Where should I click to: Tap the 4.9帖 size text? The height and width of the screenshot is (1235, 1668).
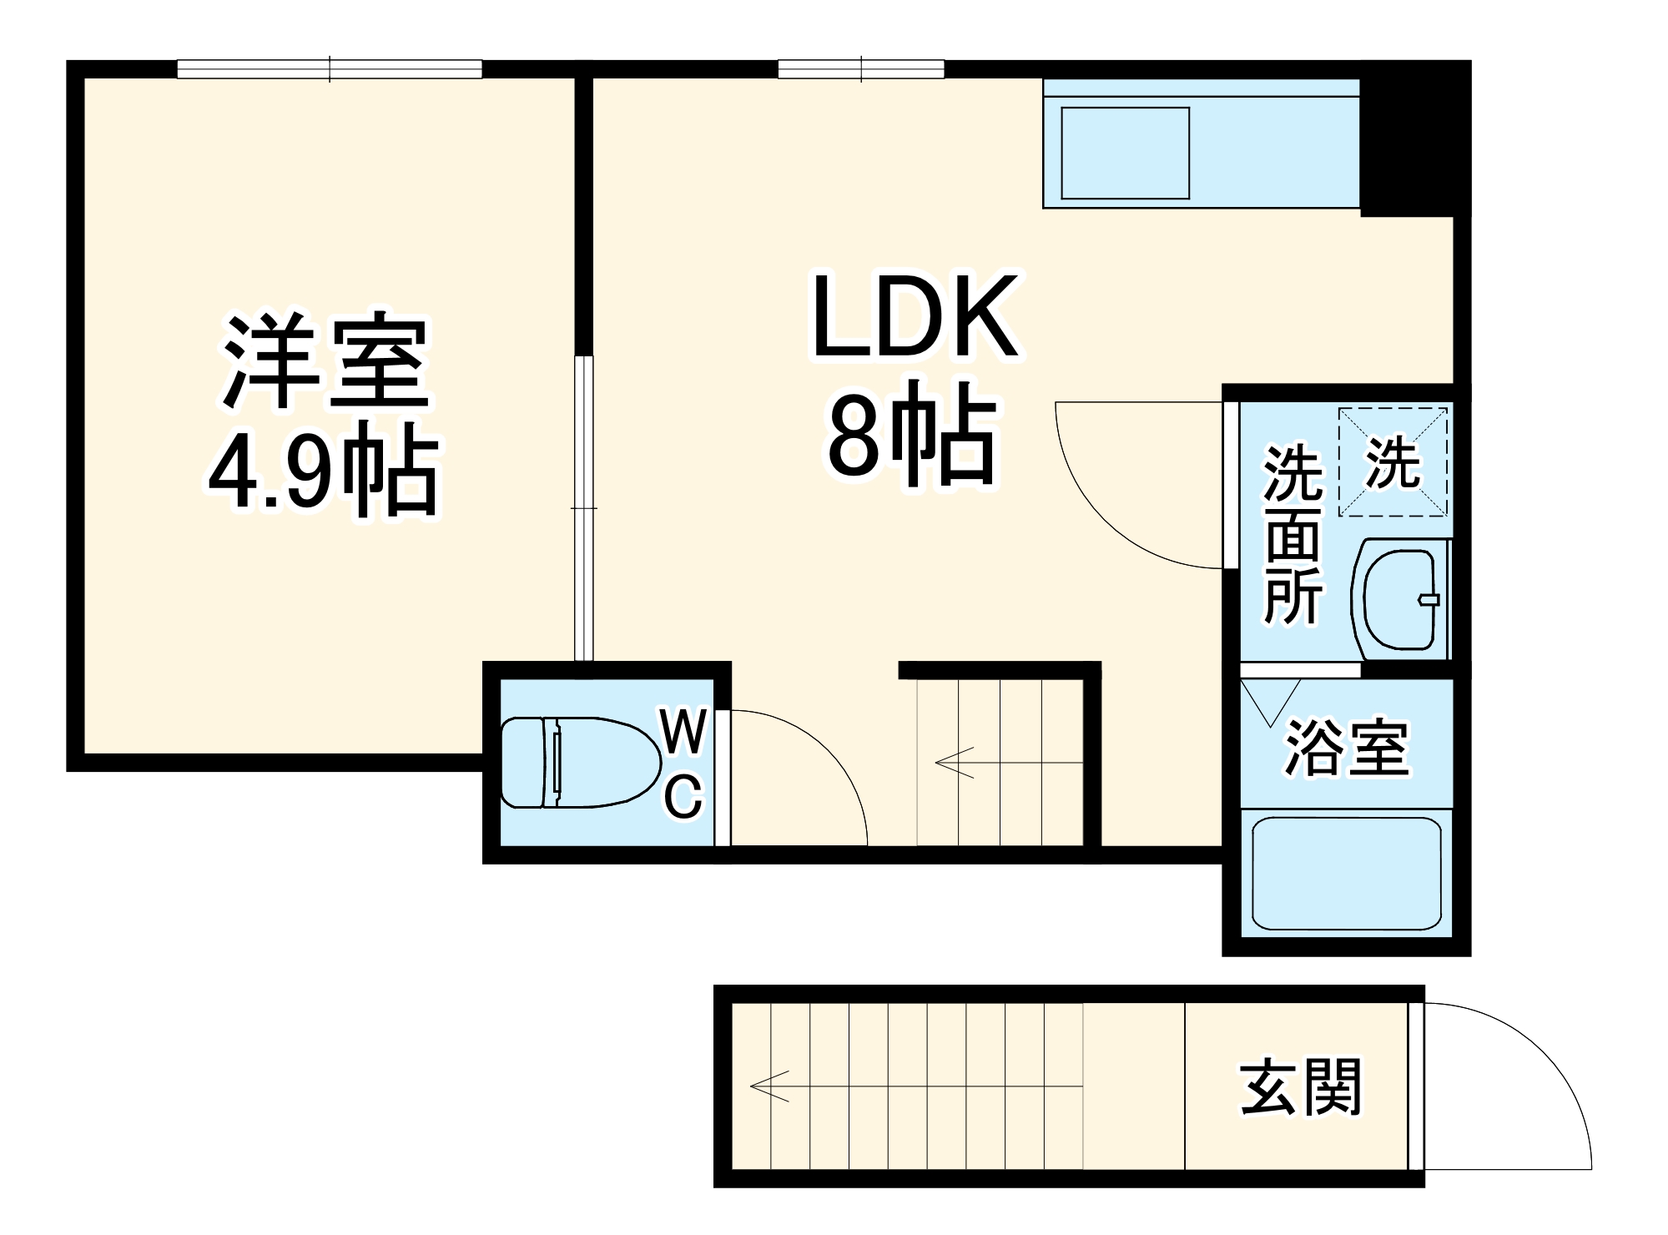coord(323,469)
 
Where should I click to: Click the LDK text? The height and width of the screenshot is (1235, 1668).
coord(915,318)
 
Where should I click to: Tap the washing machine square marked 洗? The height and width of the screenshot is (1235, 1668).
coord(1393,461)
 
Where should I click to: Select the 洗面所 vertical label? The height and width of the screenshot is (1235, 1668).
coord(1293,535)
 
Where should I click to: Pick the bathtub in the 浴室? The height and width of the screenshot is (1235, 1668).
coord(1347,873)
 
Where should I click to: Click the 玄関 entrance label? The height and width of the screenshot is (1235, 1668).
coord(1301,1087)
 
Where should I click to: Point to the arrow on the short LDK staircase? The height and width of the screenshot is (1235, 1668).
coord(954,762)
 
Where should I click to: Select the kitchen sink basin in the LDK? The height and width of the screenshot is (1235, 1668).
coord(1125,153)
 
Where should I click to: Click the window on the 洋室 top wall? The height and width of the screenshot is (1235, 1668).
coord(330,69)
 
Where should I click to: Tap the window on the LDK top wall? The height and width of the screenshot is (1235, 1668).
coord(861,69)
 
